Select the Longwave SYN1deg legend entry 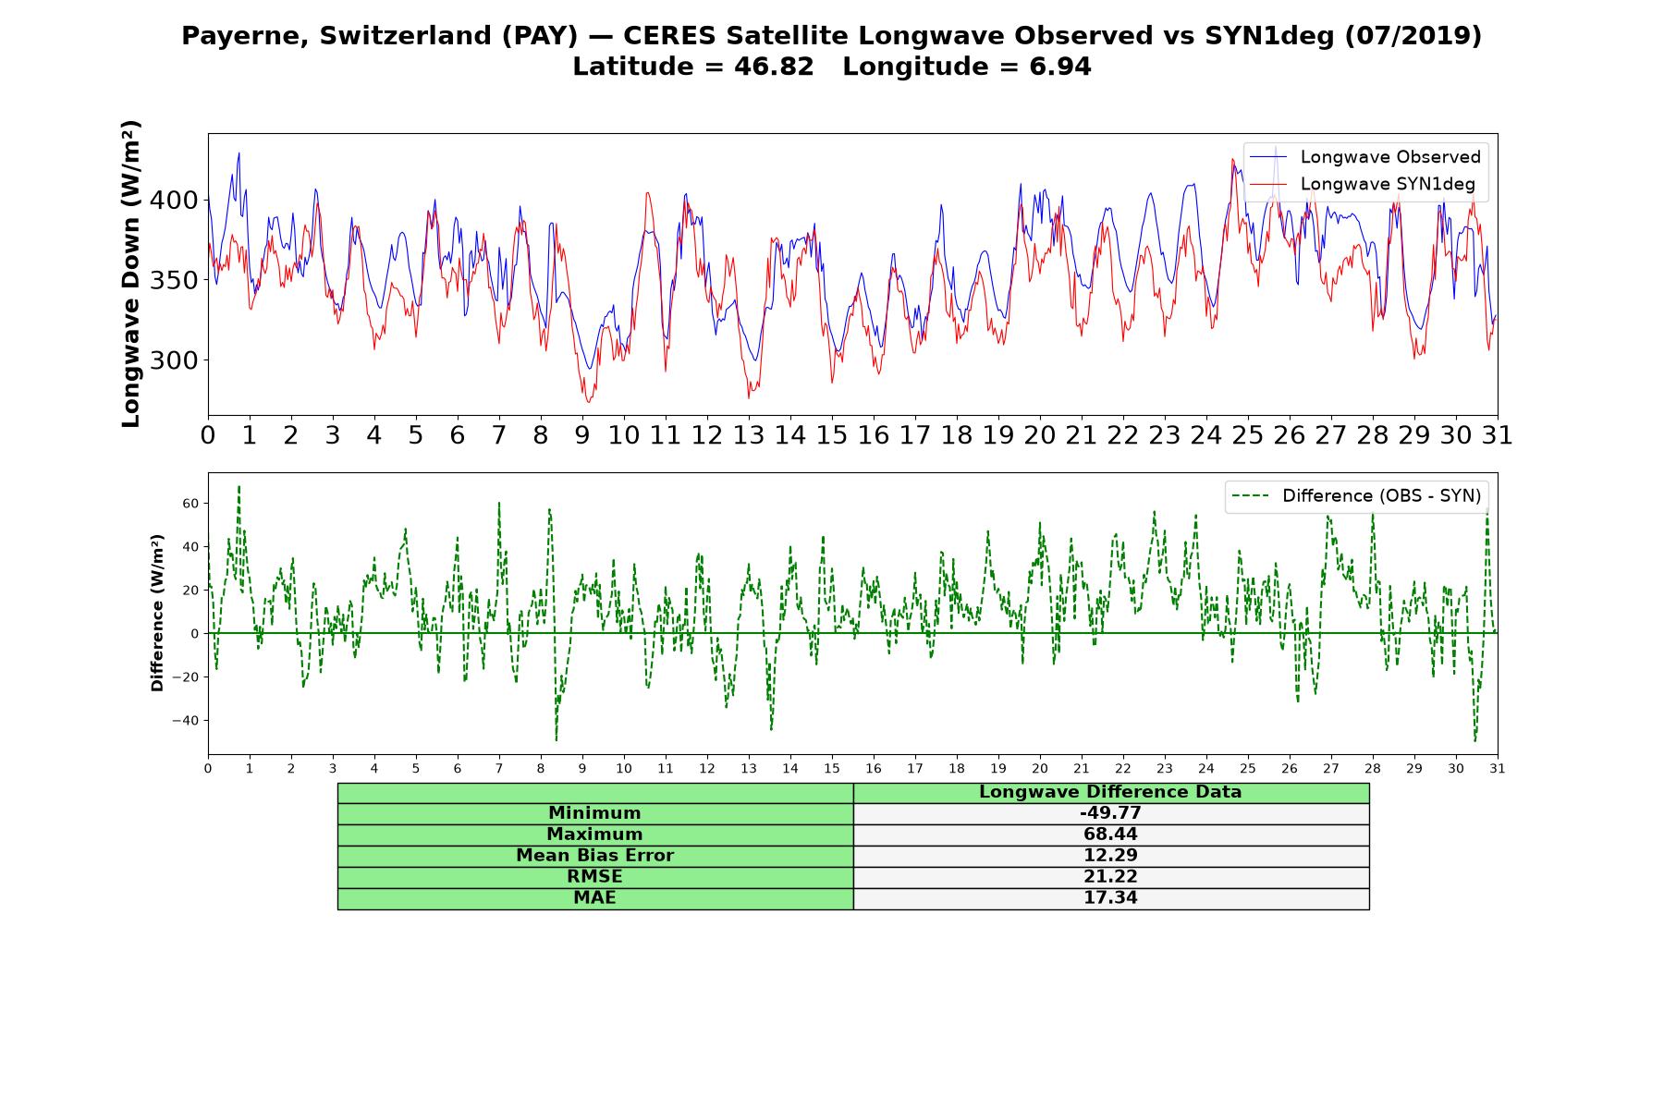coord(1363,184)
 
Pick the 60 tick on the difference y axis coord(190,504)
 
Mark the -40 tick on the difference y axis coord(187,721)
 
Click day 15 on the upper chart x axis coord(832,435)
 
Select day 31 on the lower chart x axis coord(1498,769)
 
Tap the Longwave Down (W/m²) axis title coord(131,274)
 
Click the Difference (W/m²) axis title coord(157,613)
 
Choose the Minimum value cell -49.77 coord(1110,813)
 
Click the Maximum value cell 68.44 coord(1110,835)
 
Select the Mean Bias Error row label coord(594,856)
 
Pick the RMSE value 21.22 coord(1110,877)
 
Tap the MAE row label coord(594,898)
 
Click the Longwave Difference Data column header coord(1110,792)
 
